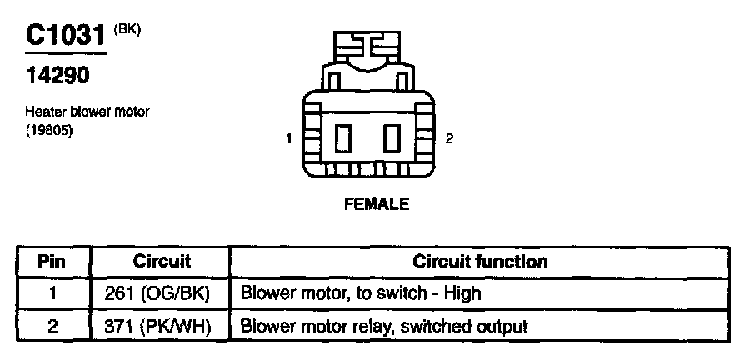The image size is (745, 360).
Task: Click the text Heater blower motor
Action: (x=87, y=112)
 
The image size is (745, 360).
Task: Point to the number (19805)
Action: (x=49, y=127)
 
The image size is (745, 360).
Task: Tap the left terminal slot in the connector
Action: (x=342, y=137)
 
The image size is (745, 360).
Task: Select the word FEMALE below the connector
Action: (x=377, y=203)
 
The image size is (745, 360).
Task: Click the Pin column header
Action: (x=52, y=262)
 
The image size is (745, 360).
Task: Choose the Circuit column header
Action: (x=162, y=262)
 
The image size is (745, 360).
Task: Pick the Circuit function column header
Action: (x=480, y=262)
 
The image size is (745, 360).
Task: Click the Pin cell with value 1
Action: (x=52, y=293)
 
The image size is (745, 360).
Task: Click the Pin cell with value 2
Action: (x=52, y=326)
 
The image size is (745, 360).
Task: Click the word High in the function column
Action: (x=463, y=293)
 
